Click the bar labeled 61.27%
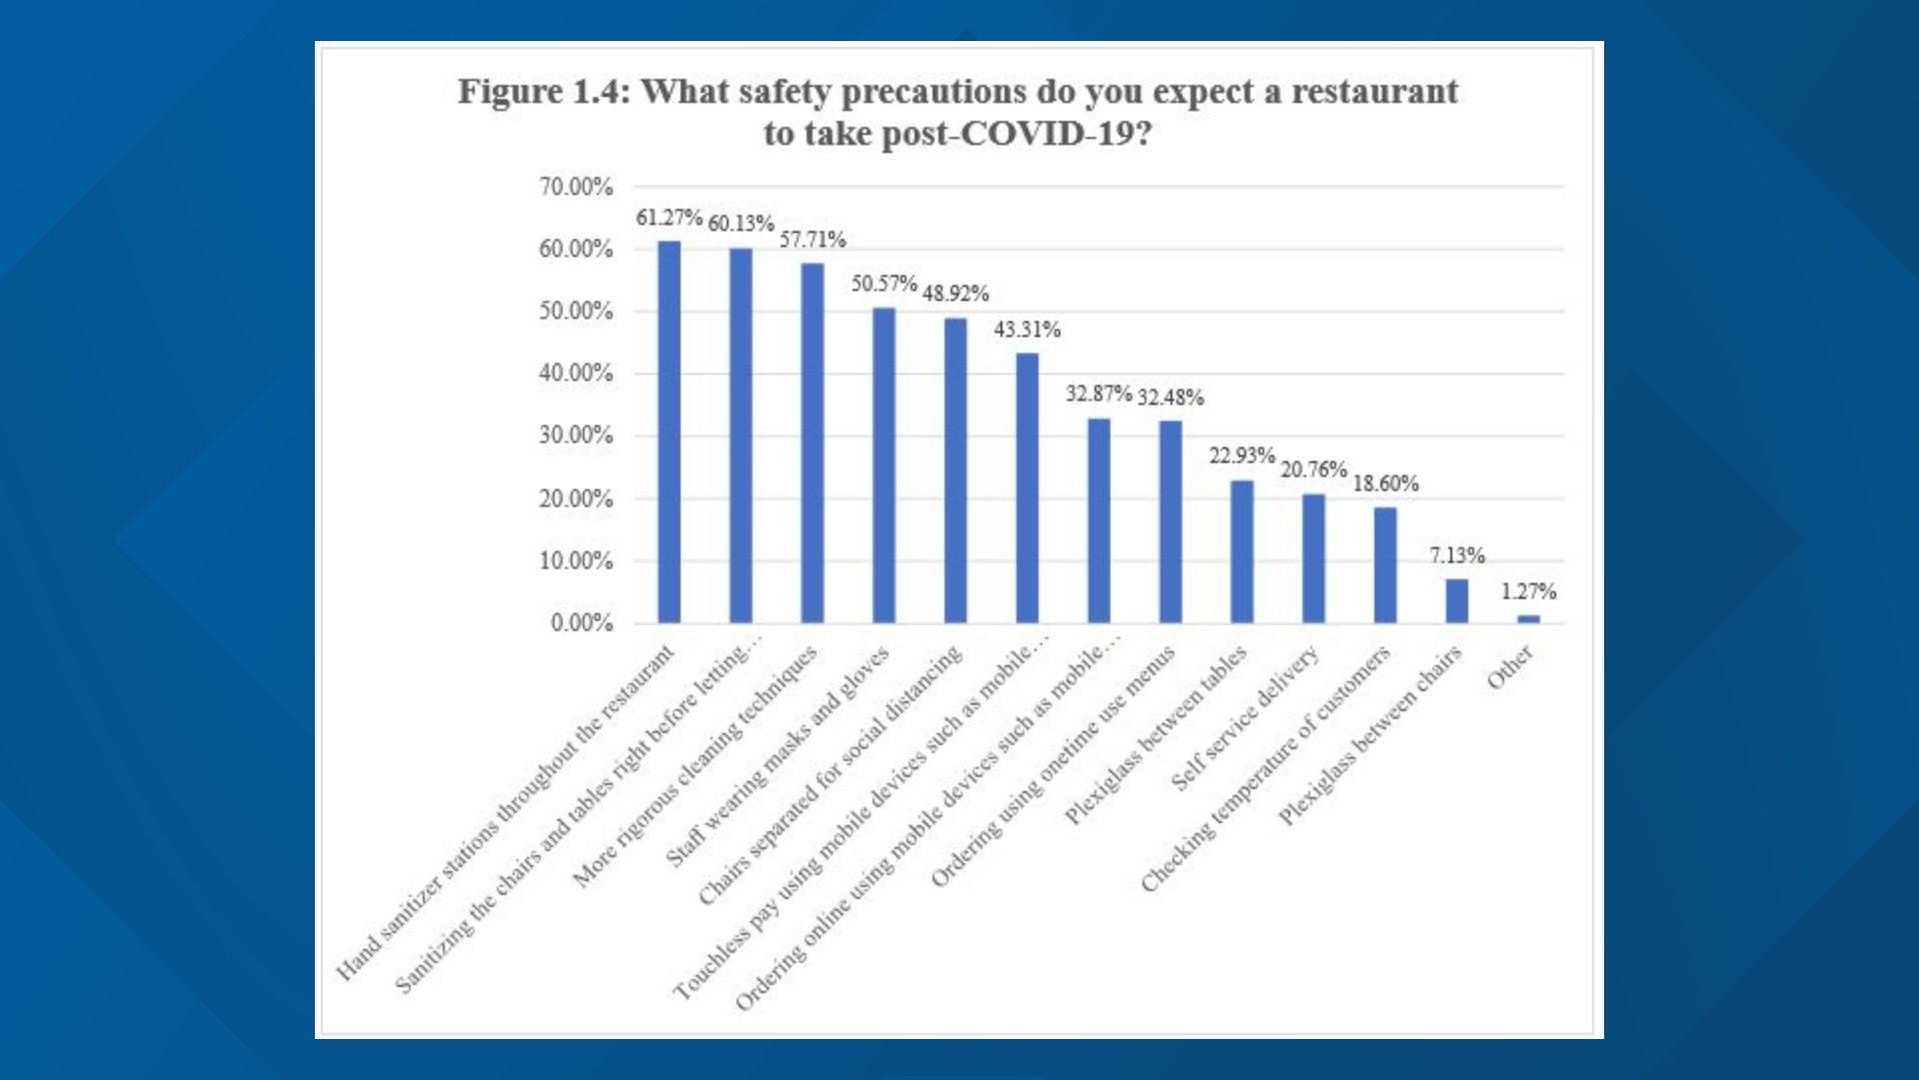click(669, 432)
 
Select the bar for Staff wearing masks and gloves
click(884, 465)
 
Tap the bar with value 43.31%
click(1026, 488)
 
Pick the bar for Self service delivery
click(1313, 558)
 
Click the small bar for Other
click(1528, 619)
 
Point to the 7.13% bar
click(1456, 601)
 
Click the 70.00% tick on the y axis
click(576, 187)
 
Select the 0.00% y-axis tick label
click(581, 623)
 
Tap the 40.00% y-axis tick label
click(576, 373)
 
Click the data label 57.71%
click(812, 239)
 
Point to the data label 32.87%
click(1097, 393)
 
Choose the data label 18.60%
click(1384, 483)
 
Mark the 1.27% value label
click(1528, 591)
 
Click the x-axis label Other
click(1509, 667)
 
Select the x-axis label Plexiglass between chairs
click(1370, 736)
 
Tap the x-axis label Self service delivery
click(1244, 718)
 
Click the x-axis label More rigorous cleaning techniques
click(695, 766)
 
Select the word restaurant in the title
click(1374, 91)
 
